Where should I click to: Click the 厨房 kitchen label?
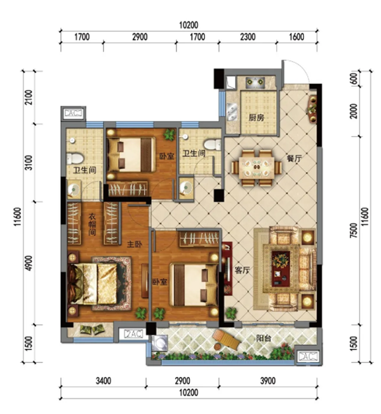click(x=256, y=117)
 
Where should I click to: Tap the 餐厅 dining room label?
click(x=294, y=158)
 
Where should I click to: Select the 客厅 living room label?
click(x=242, y=270)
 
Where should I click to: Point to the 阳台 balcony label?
click(x=264, y=338)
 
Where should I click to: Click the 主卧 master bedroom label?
click(x=135, y=244)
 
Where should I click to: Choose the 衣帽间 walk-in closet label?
click(x=92, y=225)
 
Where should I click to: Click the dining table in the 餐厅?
click(x=257, y=168)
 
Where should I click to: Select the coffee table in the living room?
click(x=281, y=268)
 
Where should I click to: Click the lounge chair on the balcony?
click(x=226, y=340)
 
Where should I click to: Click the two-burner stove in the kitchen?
click(x=255, y=83)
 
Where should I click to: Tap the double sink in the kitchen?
click(x=232, y=111)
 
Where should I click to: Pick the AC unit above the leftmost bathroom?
click(x=74, y=113)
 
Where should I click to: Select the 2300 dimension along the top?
click(x=248, y=37)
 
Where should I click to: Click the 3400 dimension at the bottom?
click(x=104, y=381)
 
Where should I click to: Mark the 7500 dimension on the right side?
click(x=354, y=230)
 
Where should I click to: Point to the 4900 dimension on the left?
click(x=29, y=263)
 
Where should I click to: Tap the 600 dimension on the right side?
click(x=354, y=79)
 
